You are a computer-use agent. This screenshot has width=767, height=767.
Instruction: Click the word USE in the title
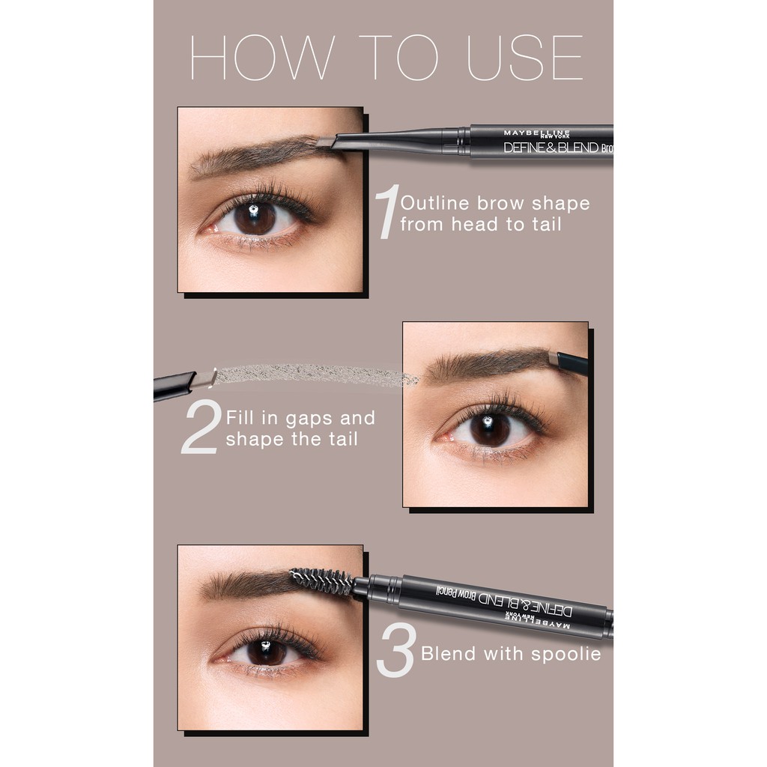[x=524, y=57]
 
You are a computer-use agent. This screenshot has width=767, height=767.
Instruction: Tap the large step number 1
[x=386, y=213]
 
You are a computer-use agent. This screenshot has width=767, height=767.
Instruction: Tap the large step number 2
[x=201, y=427]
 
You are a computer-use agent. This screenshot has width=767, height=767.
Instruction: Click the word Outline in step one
[x=434, y=204]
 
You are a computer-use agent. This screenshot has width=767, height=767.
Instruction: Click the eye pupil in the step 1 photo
[x=255, y=217]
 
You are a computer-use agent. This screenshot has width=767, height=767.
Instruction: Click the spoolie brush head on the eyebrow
[x=321, y=580]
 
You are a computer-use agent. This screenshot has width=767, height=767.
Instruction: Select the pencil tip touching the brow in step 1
[x=325, y=142]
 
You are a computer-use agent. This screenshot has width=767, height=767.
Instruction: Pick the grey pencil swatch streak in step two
[x=315, y=375]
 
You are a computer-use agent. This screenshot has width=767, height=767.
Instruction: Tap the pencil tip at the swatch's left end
[x=202, y=380]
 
